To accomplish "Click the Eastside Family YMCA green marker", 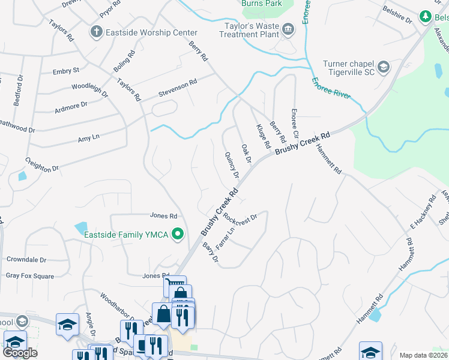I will coord(178,234).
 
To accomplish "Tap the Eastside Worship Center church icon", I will coord(96,31).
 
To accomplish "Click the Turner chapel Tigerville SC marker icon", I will coord(384,65).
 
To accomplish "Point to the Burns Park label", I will coord(261,4).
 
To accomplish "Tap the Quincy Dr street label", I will coord(232,164).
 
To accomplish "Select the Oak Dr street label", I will coord(246,152).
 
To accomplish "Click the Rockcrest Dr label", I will coord(240,220).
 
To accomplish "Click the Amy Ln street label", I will coord(88,138).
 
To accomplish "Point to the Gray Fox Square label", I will coord(30,277).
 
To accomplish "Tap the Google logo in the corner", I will coord(20,353).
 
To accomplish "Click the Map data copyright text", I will coord(423,355).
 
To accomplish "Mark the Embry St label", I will coord(66,71).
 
